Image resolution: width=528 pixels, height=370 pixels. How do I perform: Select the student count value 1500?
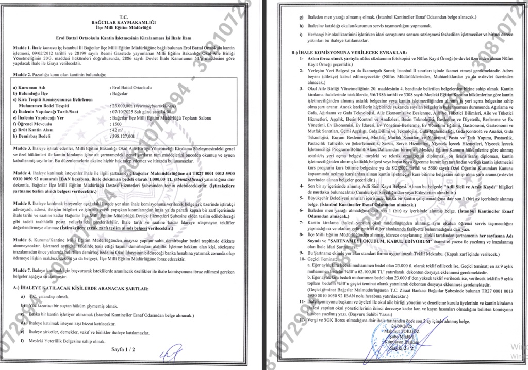click(x=118, y=124)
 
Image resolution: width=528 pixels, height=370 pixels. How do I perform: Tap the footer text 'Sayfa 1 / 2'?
click(x=123, y=350)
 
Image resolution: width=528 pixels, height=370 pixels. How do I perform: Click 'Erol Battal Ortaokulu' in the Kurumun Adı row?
click(x=135, y=88)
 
